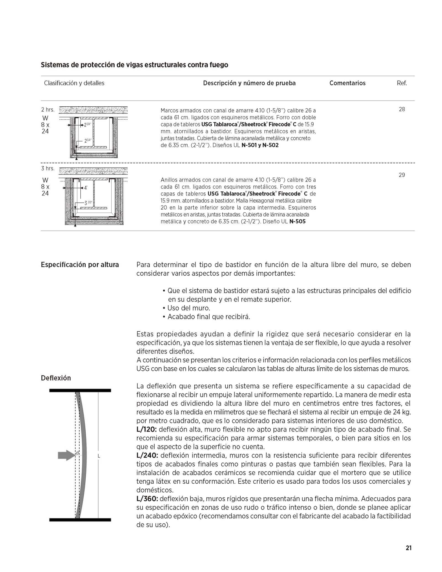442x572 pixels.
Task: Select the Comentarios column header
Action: pos(347,83)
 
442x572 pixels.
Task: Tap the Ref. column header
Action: pos(402,83)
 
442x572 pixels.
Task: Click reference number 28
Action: pos(402,109)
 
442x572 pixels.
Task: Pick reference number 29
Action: pos(402,175)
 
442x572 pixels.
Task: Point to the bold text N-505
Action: pos(297,221)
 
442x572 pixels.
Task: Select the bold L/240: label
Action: pos(147,455)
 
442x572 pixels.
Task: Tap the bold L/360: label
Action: pos(147,499)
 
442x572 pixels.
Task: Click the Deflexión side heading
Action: pos(56,378)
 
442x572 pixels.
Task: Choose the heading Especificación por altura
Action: pos(80,265)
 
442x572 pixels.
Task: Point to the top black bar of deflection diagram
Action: pos(80,390)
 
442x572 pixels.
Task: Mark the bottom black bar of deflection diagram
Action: pos(80,520)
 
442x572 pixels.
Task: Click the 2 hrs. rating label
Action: pos(48,110)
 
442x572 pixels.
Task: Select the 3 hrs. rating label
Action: pos(48,168)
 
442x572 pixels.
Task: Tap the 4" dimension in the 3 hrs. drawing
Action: pos(86,188)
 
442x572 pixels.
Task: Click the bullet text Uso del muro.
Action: pos(189,308)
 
